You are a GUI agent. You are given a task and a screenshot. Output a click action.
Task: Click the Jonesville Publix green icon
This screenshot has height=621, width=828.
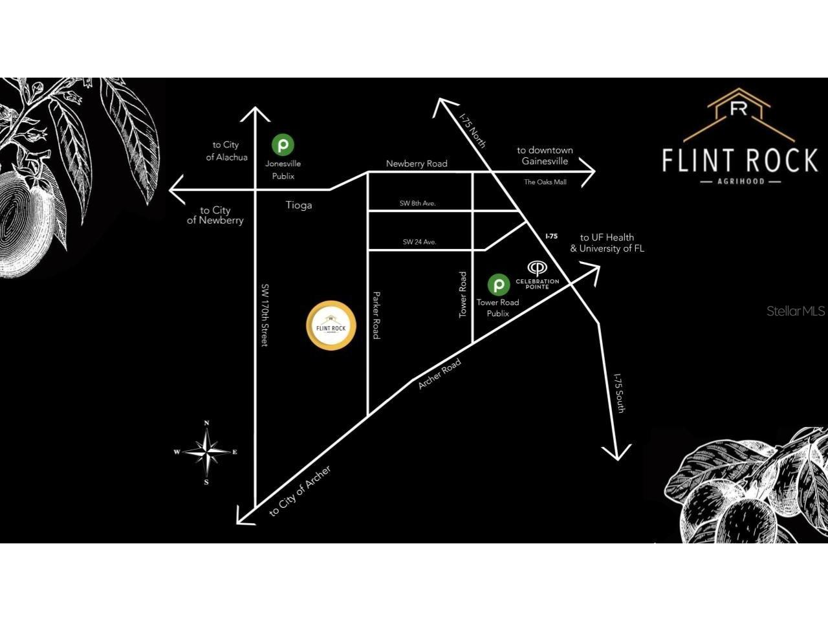(x=283, y=144)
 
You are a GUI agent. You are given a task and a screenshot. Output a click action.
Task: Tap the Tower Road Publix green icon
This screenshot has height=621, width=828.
(x=498, y=284)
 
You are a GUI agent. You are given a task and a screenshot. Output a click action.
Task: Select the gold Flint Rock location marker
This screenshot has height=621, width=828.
(x=331, y=326)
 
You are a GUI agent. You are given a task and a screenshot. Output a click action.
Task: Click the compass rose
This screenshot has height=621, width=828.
(x=206, y=453)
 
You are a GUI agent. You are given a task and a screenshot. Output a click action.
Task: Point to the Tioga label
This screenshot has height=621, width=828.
(x=299, y=205)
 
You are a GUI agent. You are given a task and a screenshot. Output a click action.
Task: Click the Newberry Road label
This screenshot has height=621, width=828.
(x=417, y=164)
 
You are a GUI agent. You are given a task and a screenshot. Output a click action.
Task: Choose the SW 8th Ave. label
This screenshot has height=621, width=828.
(x=417, y=203)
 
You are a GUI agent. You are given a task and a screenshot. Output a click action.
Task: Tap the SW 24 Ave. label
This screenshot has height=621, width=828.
(x=419, y=242)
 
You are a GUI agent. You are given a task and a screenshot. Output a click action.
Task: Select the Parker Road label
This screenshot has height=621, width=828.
(x=376, y=315)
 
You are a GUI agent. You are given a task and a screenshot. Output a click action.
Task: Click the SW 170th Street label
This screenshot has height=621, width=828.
(x=265, y=314)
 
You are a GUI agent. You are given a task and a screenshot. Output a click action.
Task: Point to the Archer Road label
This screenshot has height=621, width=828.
(x=439, y=374)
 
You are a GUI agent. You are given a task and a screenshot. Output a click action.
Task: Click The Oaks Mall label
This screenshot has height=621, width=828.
(x=545, y=182)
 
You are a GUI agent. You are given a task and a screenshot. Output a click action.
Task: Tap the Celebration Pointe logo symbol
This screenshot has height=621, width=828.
(x=537, y=268)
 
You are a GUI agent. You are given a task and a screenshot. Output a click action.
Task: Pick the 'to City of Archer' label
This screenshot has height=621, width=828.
(x=300, y=491)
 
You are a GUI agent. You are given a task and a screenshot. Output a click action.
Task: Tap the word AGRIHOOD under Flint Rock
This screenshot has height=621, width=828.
(x=741, y=181)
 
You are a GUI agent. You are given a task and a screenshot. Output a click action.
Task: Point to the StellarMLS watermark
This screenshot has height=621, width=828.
(x=796, y=311)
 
